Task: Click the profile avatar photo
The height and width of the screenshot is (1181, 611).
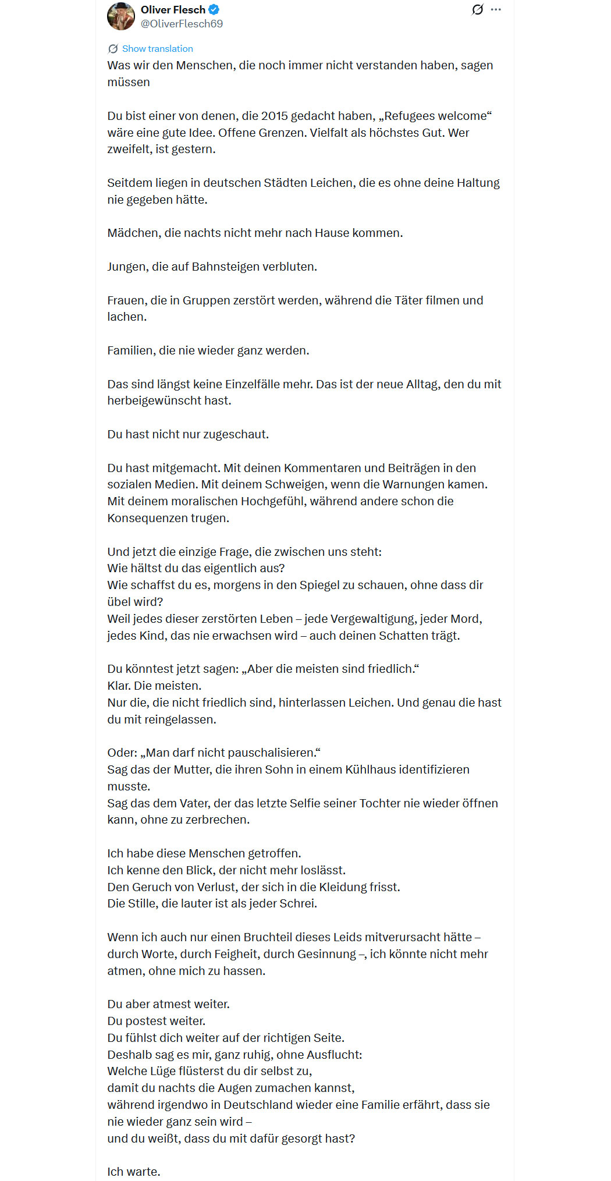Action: [121, 16]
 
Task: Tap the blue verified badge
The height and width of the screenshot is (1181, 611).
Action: [214, 9]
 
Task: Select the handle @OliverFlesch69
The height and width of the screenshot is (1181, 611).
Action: [182, 24]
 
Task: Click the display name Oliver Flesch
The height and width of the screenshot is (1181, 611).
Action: [173, 9]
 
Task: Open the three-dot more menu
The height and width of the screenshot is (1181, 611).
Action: [496, 9]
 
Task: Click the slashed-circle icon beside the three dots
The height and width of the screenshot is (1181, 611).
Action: [477, 9]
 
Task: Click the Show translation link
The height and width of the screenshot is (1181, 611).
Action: [157, 49]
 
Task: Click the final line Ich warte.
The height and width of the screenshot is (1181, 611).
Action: [134, 1172]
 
